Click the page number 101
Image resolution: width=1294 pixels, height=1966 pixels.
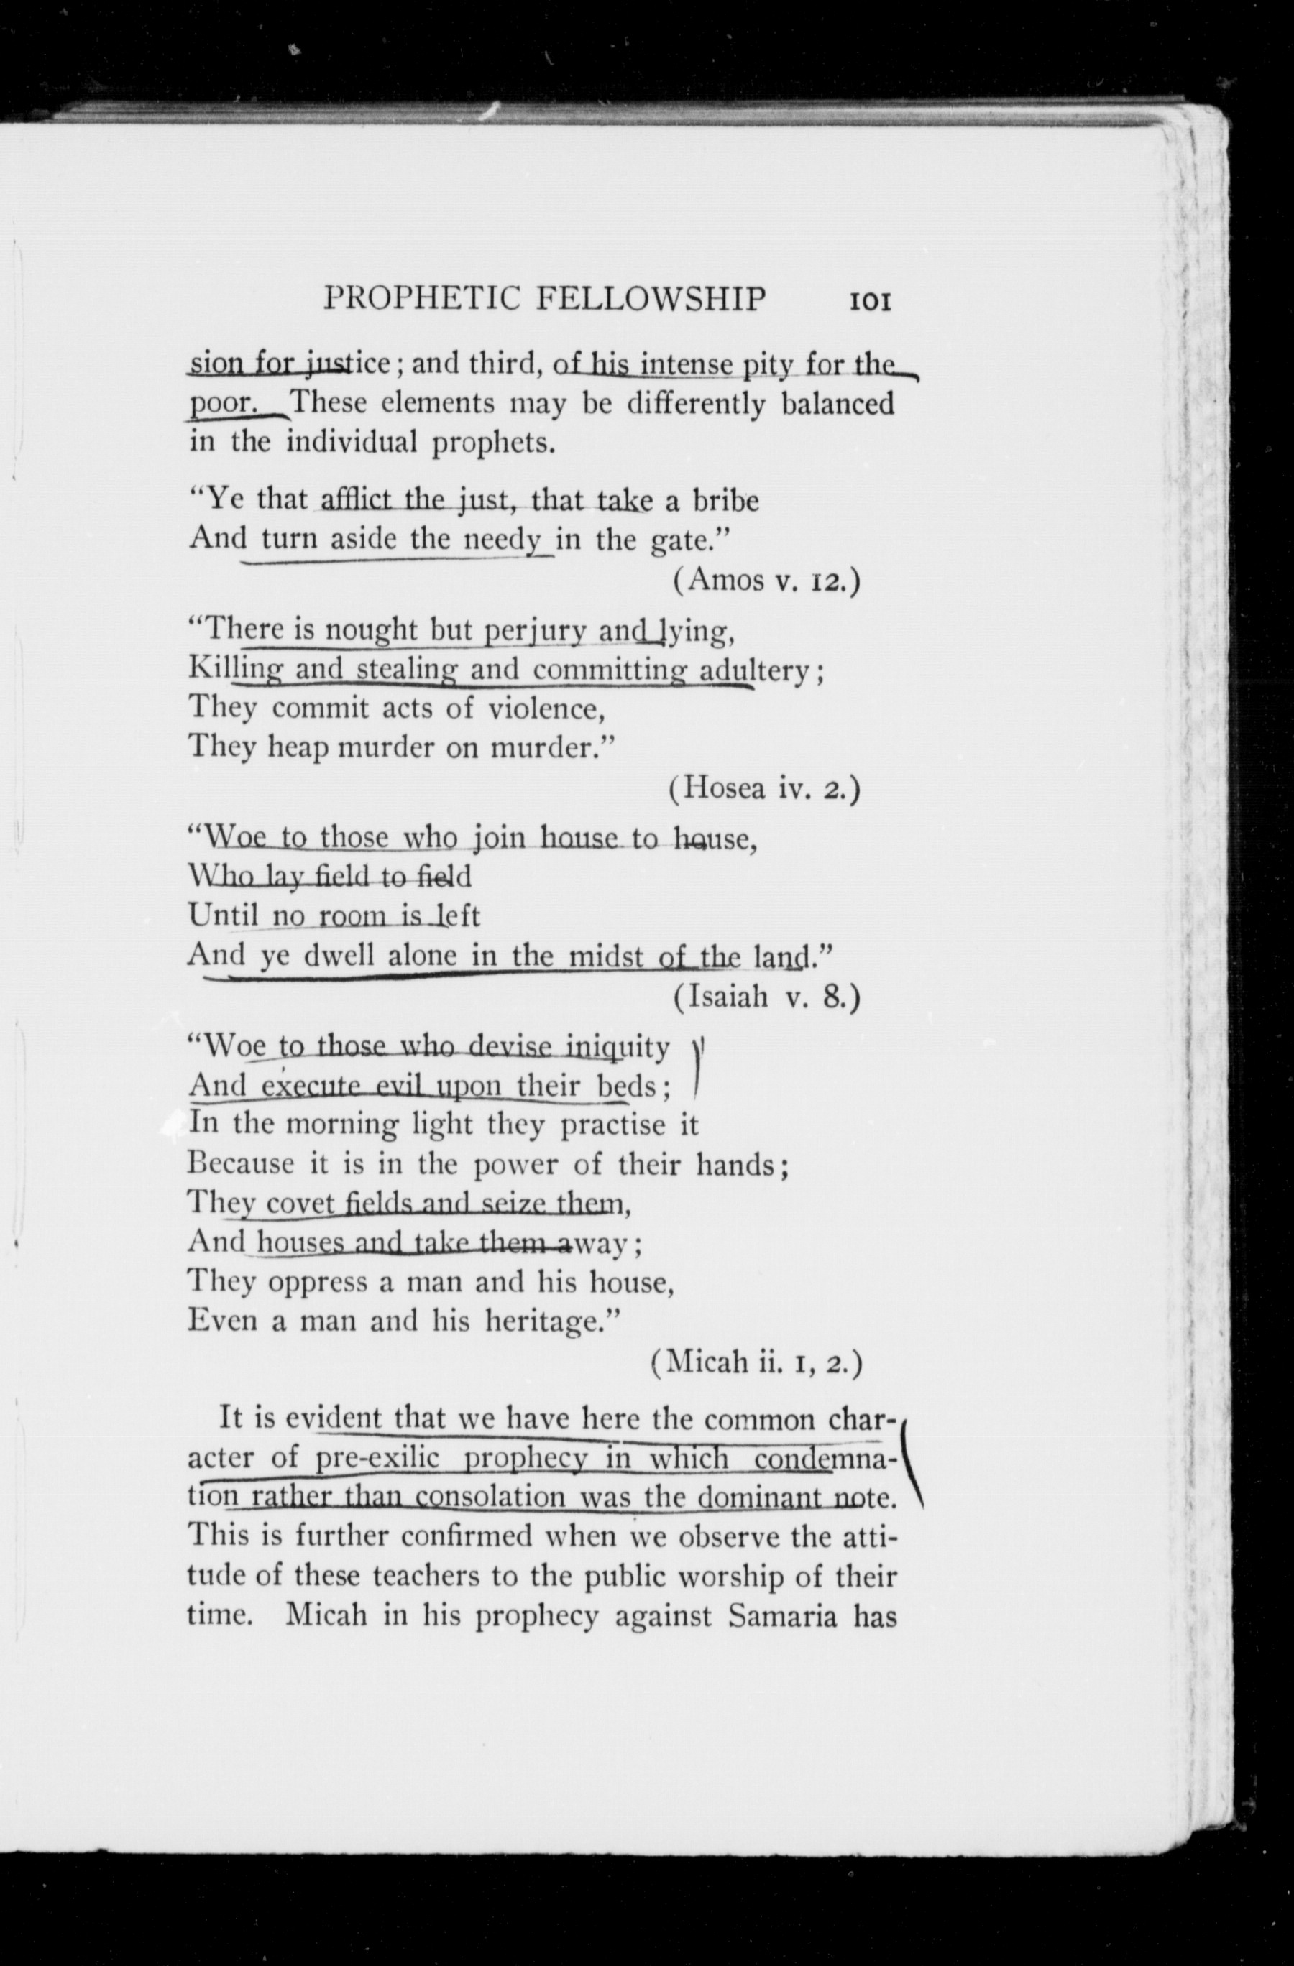click(x=869, y=300)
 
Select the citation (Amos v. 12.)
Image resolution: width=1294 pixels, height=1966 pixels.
click(x=767, y=581)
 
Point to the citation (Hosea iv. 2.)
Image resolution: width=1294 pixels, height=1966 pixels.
click(x=764, y=790)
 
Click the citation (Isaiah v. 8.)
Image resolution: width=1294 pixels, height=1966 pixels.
click(x=767, y=999)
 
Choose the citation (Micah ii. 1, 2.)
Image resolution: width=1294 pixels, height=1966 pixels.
click(x=756, y=1362)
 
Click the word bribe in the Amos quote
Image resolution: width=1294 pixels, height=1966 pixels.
click(x=725, y=502)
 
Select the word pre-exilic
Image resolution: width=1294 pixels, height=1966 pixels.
click(x=377, y=1458)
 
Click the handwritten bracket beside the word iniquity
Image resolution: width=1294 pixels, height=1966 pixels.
click(x=697, y=1067)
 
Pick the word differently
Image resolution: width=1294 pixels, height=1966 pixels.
click(x=697, y=405)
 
